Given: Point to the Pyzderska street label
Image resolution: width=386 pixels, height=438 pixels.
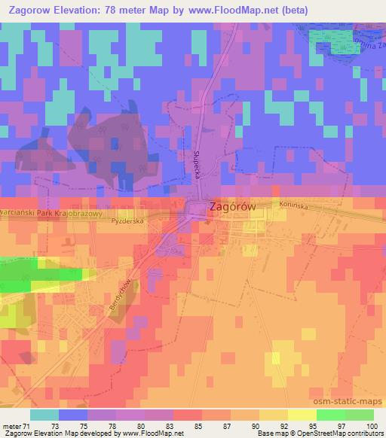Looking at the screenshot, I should (126, 224).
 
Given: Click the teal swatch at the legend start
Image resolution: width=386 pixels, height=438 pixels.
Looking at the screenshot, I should (44, 415).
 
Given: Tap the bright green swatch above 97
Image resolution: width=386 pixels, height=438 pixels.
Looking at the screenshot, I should (331, 415).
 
